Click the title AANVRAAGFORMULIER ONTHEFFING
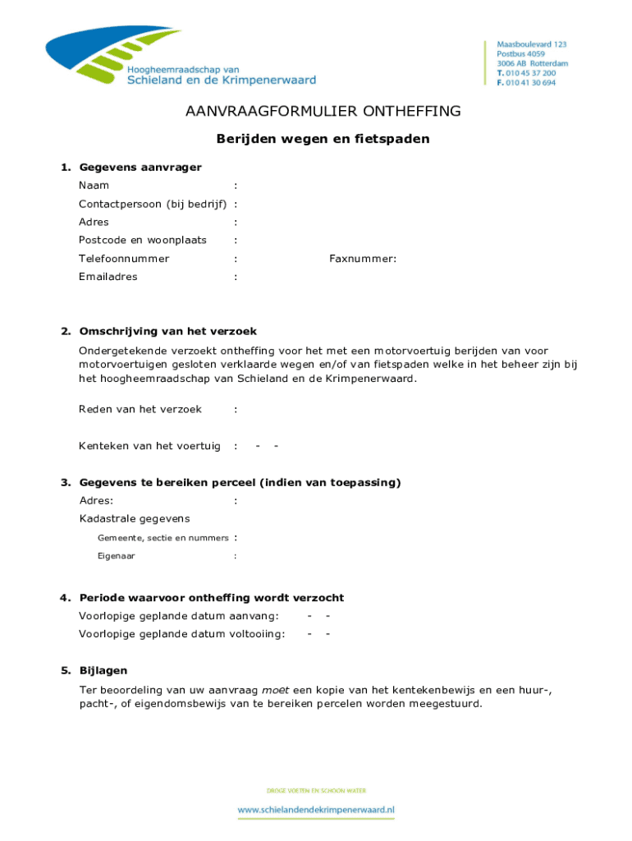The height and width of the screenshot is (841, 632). [323, 112]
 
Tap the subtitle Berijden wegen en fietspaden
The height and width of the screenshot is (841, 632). [323, 139]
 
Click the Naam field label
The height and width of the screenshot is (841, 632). [94, 186]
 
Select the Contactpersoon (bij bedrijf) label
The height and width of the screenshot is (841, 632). [153, 204]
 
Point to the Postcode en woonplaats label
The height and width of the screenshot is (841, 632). [143, 241]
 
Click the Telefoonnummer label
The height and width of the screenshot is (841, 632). [124, 259]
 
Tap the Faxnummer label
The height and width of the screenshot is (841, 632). [363, 259]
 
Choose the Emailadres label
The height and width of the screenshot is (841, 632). [108, 277]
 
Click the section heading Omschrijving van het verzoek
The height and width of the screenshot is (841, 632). [167, 332]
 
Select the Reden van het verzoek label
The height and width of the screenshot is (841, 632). [140, 409]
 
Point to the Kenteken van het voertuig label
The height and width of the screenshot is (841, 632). [149, 446]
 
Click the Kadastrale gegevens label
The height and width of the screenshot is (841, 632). [135, 518]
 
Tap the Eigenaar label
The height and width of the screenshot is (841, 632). [117, 556]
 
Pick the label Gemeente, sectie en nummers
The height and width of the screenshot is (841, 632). [163, 538]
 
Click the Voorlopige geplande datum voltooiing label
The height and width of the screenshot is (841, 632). [182, 634]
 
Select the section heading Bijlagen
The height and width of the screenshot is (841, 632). [103, 671]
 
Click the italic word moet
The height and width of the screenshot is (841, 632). [275, 690]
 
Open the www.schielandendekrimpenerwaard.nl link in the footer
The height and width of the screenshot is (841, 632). [316, 810]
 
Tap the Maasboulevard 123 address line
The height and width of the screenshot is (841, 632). [532, 44]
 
